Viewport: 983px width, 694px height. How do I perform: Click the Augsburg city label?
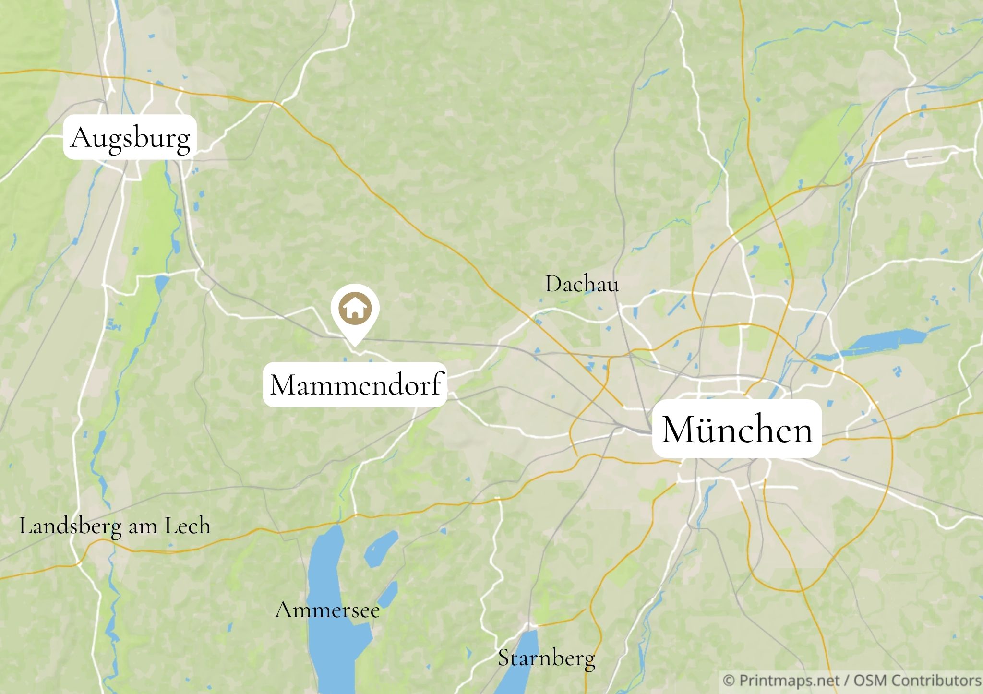pyautogui.click(x=130, y=137)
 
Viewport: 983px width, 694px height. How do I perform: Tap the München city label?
pyautogui.click(x=737, y=429)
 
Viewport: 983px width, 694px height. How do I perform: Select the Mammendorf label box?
pyautogui.click(x=355, y=384)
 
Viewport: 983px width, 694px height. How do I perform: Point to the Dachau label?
pyautogui.click(x=582, y=284)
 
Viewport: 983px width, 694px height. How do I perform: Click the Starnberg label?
pyautogui.click(x=546, y=658)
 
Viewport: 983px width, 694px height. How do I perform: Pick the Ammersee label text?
pyautogui.click(x=327, y=610)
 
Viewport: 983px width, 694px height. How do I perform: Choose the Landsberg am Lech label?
pyautogui.click(x=114, y=526)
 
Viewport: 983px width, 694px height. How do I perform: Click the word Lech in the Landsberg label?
pyautogui.click(x=188, y=526)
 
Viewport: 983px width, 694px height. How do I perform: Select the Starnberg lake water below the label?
pyautogui.click(x=517, y=672)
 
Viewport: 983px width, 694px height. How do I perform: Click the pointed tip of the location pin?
pyautogui.click(x=355, y=344)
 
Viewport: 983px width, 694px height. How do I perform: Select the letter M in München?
pyautogui.click(x=677, y=429)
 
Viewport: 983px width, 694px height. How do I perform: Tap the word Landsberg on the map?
pyautogui.click(x=70, y=526)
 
